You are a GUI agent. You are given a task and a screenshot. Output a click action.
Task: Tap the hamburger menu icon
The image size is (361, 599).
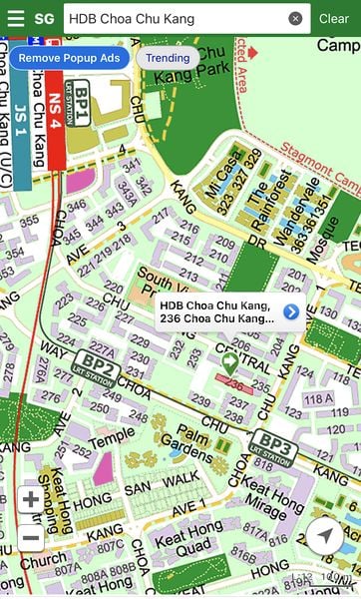16,18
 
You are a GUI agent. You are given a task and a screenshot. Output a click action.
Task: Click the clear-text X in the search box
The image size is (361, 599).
295,19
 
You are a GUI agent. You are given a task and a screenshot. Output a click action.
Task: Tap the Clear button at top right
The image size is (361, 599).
334,19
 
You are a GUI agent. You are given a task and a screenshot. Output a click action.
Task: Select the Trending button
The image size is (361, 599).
168,58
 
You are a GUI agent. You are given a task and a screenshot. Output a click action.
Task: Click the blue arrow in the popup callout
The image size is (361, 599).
291,312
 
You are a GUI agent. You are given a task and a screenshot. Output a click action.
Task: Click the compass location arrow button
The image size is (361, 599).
324,536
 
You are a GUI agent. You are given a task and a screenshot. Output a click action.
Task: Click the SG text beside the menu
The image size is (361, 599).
45,19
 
